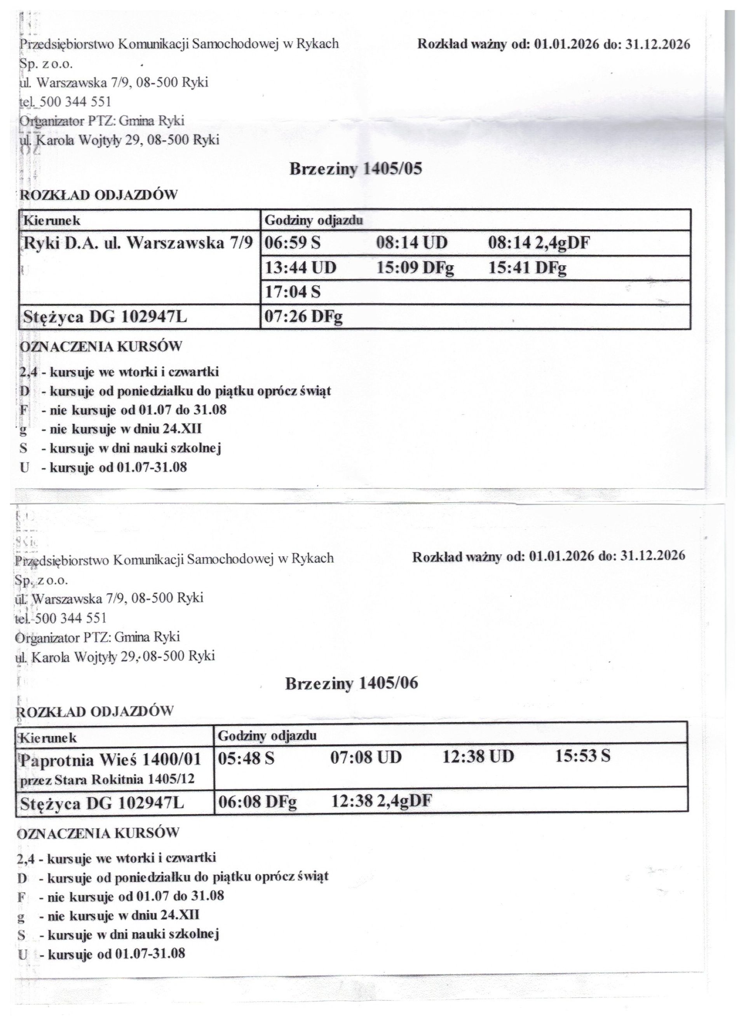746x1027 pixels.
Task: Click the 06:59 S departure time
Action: [292, 243]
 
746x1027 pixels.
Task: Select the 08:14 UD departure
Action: [412, 243]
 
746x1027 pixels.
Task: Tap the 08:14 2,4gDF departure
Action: [539, 243]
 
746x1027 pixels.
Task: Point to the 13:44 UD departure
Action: [300, 268]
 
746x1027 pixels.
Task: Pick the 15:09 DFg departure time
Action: [415, 268]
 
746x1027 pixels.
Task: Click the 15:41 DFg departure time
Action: [527, 268]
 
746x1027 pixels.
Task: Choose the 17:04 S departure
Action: [292, 292]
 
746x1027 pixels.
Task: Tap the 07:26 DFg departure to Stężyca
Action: [303, 317]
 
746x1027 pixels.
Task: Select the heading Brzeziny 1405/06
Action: [352, 683]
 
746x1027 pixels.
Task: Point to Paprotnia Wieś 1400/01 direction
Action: [110, 760]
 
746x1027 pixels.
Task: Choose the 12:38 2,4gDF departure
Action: [382, 801]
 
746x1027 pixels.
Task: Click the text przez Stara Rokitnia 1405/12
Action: [108, 779]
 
